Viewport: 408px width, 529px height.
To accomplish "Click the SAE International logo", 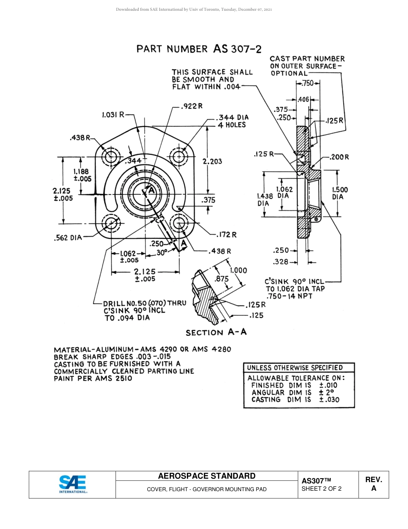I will click(73, 484).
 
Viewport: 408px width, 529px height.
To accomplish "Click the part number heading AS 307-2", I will click(198, 49).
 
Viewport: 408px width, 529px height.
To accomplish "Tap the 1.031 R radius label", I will click(113, 115).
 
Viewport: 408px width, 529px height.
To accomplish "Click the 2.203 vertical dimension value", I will click(212, 161).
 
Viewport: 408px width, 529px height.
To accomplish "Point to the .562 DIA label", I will click(67, 237).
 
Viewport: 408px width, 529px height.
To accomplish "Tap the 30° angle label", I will click(161, 253).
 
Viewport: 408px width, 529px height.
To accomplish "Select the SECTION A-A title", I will click(216, 332).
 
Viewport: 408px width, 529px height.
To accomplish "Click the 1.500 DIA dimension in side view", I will click(340, 193).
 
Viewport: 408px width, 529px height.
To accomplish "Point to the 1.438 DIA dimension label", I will click(265, 199).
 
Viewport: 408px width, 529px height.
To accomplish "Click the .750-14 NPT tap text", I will click(289, 296).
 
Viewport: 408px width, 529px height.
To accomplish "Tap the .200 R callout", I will click(339, 157).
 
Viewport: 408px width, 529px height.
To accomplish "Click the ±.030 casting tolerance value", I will click(329, 400).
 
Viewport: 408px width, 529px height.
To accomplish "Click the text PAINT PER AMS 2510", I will click(93, 378).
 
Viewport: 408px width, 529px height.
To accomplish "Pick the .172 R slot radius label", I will click(227, 234).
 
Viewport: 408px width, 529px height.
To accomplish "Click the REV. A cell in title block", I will click(373, 484).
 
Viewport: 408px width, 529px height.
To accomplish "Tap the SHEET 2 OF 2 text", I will click(321, 489).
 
